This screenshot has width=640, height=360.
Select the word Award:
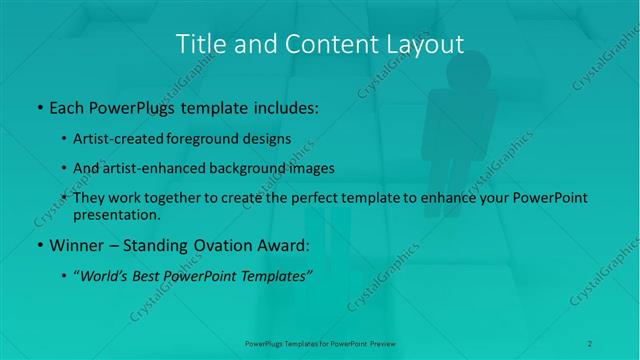[x=275, y=245]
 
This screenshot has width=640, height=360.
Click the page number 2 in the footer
[x=590, y=343]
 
